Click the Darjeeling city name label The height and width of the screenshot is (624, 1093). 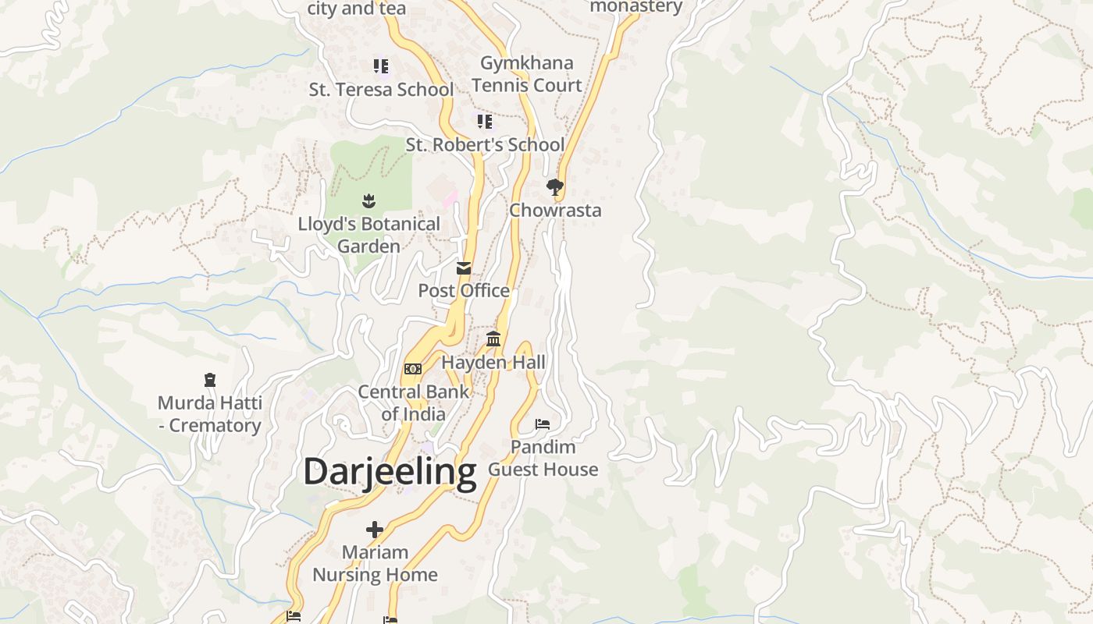[390, 473]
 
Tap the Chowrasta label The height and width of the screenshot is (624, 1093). [555, 211]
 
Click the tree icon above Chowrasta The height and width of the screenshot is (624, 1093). [555, 187]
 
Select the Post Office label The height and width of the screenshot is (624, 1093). [464, 291]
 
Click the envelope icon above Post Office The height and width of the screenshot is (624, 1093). [464, 268]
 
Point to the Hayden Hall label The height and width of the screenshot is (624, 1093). [493, 363]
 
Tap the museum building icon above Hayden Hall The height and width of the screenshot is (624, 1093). [493, 339]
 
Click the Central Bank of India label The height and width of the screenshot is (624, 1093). [413, 402]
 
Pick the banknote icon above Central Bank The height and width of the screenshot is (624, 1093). [413, 369]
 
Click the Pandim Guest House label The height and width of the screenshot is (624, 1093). [543, 458]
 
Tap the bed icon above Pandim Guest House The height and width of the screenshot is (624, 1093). [543, 424]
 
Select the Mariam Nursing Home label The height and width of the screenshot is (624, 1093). [375, 563]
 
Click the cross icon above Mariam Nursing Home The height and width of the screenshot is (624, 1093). [375, 530]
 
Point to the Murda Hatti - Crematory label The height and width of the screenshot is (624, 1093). [209, 414]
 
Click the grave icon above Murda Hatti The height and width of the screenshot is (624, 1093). [209, 380]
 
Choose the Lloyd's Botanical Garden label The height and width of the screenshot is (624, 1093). [369, 235]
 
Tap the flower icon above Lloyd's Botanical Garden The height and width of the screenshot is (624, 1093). [369, 201]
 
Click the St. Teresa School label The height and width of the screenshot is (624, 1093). [381, 90]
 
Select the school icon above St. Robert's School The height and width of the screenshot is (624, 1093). [485, 122]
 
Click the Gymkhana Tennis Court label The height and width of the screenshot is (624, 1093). [527, 74]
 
